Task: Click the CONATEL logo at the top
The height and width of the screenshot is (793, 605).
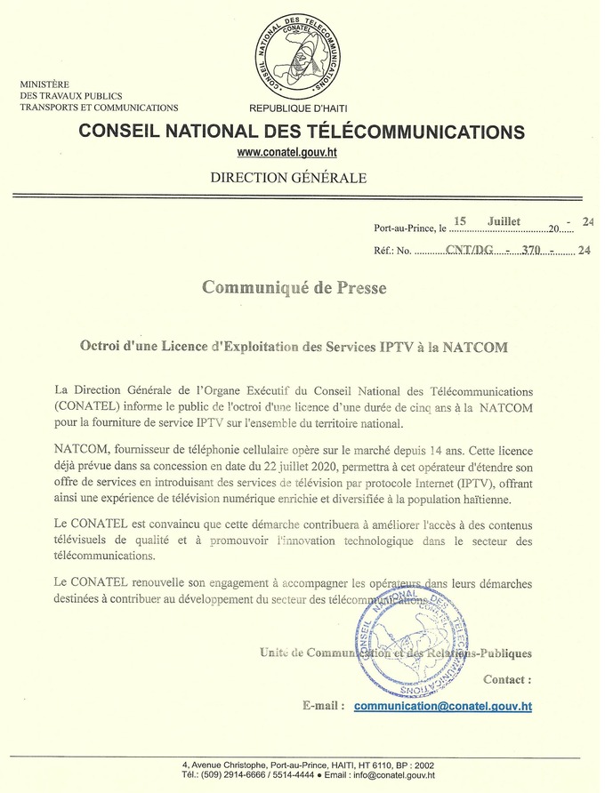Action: (302, 52)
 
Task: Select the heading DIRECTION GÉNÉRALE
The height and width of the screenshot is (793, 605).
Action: (287, 178)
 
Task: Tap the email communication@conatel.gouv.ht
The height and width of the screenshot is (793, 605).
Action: (442, 707)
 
